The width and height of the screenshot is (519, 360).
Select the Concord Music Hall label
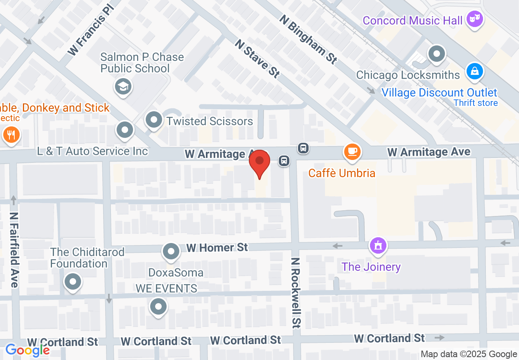coord(413,20)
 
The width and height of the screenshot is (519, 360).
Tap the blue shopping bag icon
coord(474,71)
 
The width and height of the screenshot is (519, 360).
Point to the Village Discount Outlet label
coord(439,92)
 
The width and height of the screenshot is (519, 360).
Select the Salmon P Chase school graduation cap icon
coord(123,86)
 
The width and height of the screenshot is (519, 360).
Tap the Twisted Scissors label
coord(210,121)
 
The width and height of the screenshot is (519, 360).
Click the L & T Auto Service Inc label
coord(93,151)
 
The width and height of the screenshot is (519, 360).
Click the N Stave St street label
coord(257,59)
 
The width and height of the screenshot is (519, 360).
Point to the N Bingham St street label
coord(309,40)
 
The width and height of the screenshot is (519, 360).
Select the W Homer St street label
coord(217,248)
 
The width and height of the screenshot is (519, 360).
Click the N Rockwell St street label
coord(296,293)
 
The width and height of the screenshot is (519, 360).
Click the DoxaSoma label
coord(176,272)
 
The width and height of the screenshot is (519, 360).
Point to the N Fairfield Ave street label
coord(15,250)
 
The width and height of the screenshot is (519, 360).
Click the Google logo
coord(27,350)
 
